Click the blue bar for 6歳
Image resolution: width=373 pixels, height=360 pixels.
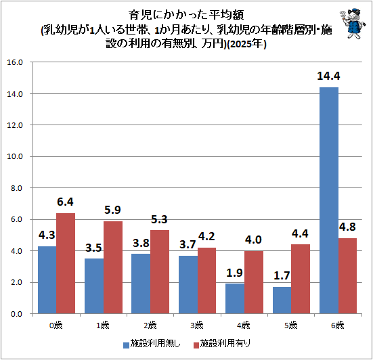(x=329, y=200)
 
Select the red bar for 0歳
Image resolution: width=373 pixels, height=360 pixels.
(x=66, y=263)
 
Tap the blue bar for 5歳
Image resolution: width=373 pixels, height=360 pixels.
(x=282, y=300)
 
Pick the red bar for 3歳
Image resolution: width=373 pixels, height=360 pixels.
(x=206, y=281)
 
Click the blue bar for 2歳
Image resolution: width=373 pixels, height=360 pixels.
(x=141, y=284)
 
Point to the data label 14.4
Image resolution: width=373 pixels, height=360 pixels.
(x=328, y=76)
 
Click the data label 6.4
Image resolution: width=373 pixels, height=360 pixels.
(x=65, y=202)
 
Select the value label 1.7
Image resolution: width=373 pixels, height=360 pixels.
(x=282, y=275)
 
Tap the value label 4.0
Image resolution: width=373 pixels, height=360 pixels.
(x=253, y=240)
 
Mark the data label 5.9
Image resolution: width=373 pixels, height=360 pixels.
(x=112, y=210)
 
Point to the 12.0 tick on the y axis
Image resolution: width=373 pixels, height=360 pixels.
(x=15, y=125)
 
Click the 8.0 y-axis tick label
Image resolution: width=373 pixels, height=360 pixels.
(x=17, y=188)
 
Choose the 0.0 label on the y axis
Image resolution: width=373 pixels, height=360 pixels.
(x=17, y=314)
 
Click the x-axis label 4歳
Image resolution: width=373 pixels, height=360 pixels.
(x=244, y=325)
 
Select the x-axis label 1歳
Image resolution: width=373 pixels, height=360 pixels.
(x=103, y=325)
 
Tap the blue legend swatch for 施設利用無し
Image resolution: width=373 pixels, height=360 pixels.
(x=126, y=345)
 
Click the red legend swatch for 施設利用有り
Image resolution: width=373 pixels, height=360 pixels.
(x=196, y=345)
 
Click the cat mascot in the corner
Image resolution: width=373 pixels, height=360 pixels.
(x=352, y=23)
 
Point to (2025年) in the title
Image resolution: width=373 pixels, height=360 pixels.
(x=246, y=44)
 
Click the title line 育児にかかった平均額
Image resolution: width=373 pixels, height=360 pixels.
(x=186, y=15)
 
